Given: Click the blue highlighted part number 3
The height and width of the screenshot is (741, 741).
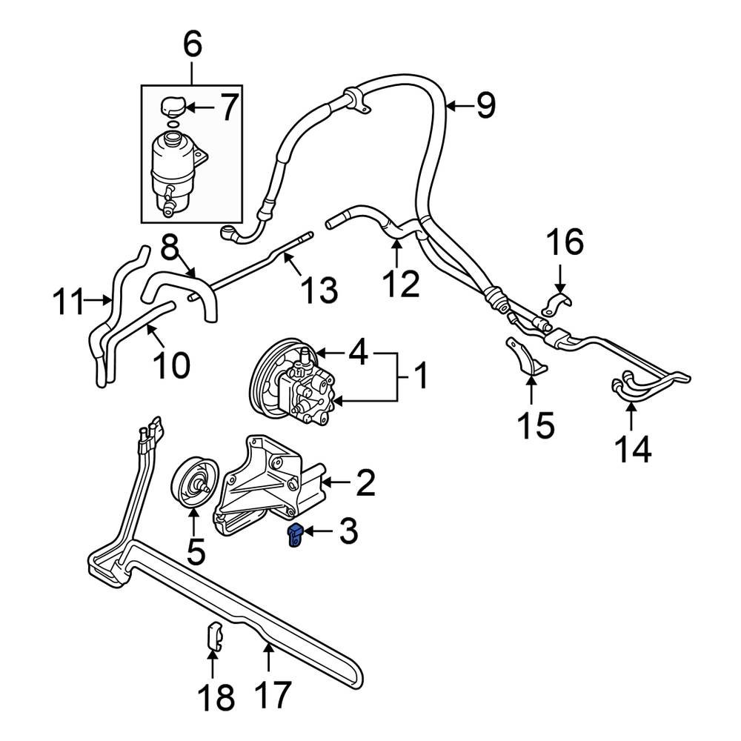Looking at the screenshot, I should click(294, 537).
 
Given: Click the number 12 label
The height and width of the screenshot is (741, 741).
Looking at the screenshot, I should click(401, 283).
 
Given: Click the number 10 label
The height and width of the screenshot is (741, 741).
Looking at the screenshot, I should click(172, 364).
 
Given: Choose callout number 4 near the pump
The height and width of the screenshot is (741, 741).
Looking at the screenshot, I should click(358, 352).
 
